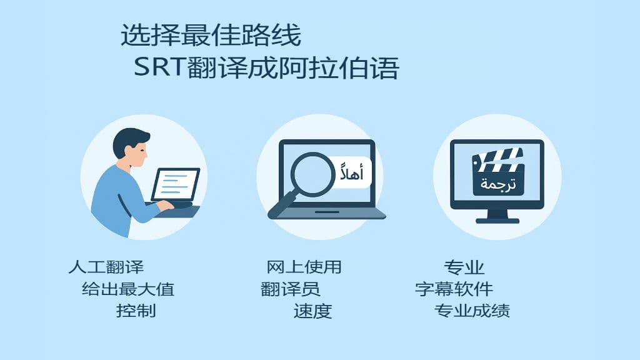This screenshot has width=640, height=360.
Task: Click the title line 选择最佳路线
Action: click(x=211, y=35)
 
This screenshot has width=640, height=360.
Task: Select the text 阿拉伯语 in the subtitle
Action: click(x=338, y=67)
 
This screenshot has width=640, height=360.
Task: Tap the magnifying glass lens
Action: click(x=312, y=174)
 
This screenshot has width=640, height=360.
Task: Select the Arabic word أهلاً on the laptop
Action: click(x=352, y=173)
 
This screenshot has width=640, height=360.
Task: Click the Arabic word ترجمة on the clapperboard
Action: click(x=498, y=184)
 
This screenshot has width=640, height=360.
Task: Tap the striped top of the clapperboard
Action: click(x=497, y=159)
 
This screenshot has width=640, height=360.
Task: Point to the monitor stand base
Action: click(x=497, y=221)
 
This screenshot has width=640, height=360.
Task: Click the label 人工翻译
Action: click(x=106, y=267)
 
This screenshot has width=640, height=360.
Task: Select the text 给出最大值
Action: click(x=128, y=289)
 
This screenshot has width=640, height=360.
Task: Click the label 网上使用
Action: click(x=304, y=267)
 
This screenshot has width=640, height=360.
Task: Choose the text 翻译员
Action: click(x=290, y=289)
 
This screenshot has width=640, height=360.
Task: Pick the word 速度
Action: click(x=312, y=311)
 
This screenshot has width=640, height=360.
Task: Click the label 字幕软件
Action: click(x=454, y=289)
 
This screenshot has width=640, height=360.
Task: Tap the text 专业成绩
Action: click(x=472, y=311)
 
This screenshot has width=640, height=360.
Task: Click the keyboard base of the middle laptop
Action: click(x=327, y=214)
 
